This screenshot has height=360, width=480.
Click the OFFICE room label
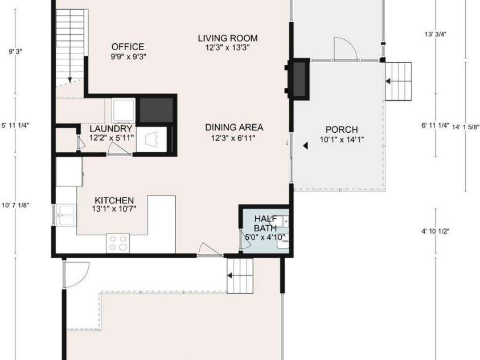click(x=128, y=47)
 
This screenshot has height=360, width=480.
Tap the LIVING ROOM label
click(x=228, y=38)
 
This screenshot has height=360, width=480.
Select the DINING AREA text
click(x=234, y=128)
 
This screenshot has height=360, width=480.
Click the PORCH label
click(x=342, y=129)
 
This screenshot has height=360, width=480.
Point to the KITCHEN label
click(x=114, y=201)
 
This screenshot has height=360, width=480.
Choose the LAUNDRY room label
click(x=111, y=129)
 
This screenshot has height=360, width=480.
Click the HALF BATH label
click(x=265, y=223)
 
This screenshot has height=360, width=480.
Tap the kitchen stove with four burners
click(x=118, y=243)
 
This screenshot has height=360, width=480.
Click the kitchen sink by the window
click(x=66, y=215)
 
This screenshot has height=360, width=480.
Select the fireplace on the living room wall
click(x=298, y=79)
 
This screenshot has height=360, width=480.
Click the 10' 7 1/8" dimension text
click(x=15, y=205)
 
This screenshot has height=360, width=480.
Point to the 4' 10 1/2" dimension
click(x=436, y=231)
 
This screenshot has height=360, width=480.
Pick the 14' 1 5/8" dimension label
click(x=466, y=127)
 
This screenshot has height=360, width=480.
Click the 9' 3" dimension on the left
click(x=15, y=51)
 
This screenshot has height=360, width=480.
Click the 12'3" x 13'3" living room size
click(x=228, y=47)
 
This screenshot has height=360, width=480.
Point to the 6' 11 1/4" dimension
click(x=436, y=125)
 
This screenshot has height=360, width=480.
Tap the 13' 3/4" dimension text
click(x=436, y=34)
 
